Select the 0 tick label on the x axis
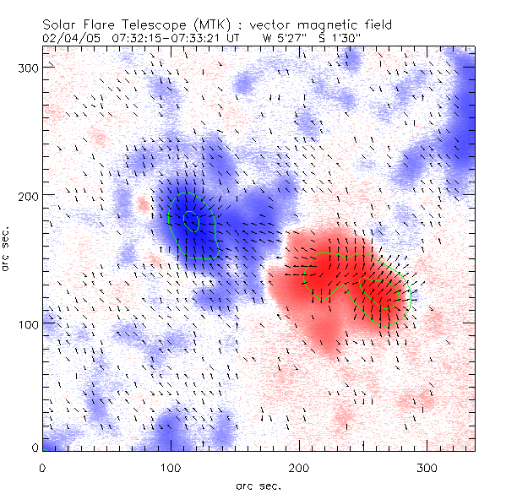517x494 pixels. (42, 467)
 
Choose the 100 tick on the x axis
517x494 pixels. (171, 467)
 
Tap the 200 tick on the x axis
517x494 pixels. (298, 467)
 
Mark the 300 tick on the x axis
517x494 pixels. (427, 467)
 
